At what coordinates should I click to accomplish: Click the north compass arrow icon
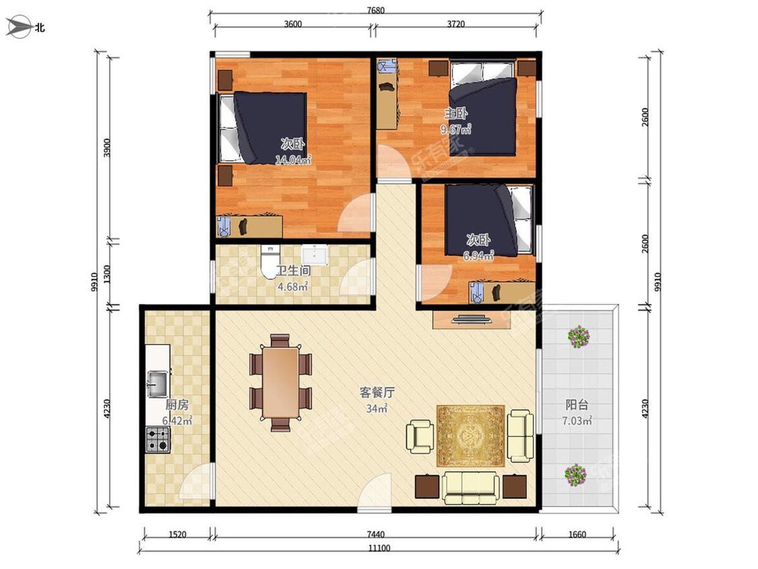click(18, 26)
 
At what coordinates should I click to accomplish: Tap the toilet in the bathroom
click(270, 262)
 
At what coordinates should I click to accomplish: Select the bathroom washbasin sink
click(315, 255)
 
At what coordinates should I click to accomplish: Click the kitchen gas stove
click(158, 440)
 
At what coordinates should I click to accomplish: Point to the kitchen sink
click(158, 383)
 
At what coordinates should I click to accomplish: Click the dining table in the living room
click(280, 382)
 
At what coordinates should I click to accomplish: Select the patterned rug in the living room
click(470, 436)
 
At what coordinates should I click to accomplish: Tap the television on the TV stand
click(472, 319)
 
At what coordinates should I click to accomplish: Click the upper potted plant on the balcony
click(579, 336)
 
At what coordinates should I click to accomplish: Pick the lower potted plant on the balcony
click(576, 475)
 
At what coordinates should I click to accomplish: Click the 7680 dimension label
click(375, 10)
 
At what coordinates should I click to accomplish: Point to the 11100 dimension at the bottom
click(379, 548)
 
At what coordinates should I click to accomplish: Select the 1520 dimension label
click(177, 535)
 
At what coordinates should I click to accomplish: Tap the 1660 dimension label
click(577, 535)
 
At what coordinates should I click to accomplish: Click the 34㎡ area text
click(377, 409)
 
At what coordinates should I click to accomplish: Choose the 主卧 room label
click(456, 114)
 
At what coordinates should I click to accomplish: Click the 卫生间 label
click(294, 270)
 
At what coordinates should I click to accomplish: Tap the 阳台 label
click(577, 405)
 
